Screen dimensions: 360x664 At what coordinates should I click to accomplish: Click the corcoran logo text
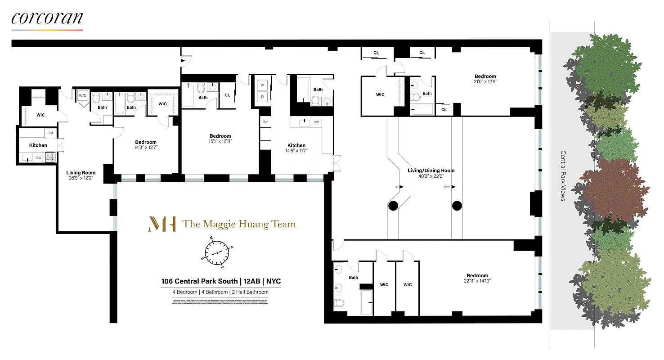(x=47, y=18)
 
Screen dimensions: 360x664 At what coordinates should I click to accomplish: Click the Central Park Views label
(x=563, y=175)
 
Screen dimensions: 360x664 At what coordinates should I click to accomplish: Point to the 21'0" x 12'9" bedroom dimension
(x=485, y=82)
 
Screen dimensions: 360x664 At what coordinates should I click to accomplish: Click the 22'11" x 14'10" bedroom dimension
(x=477, y=281)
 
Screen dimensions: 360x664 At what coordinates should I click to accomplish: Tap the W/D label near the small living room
(x=82, y=95)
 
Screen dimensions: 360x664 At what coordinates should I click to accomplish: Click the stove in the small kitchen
(x=50, y=157)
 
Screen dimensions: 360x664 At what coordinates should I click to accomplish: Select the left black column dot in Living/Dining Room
(x=393, y=206)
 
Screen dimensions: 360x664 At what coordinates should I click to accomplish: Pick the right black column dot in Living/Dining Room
(x=457, y=206)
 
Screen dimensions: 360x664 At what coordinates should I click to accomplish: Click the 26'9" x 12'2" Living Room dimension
(x=81, y=178)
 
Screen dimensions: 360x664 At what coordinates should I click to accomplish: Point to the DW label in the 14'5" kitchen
(x=316, y=122)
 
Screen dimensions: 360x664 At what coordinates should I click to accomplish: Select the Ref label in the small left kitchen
(x=50, y=133)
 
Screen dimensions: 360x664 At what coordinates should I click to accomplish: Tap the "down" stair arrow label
(x=447, y=187)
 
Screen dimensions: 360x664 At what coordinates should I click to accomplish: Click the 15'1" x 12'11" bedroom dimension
(x=220, y=141)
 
